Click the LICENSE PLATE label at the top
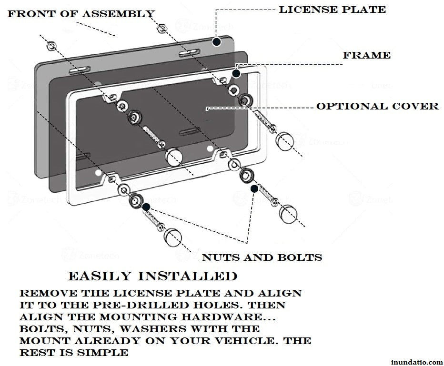coord(332,10)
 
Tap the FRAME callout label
coord(366,55)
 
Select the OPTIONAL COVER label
coord(377,106)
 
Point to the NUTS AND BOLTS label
coord(262,257)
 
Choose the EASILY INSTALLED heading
coord(152,276)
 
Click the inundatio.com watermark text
coord(416,362)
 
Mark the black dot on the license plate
coord(216,42)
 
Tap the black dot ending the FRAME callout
coord(236,73)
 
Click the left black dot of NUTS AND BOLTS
coord(146,207)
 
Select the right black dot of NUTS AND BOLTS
coord(254,189)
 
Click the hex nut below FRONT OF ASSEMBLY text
coord(51,46)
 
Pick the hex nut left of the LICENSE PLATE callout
coord(162,28)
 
